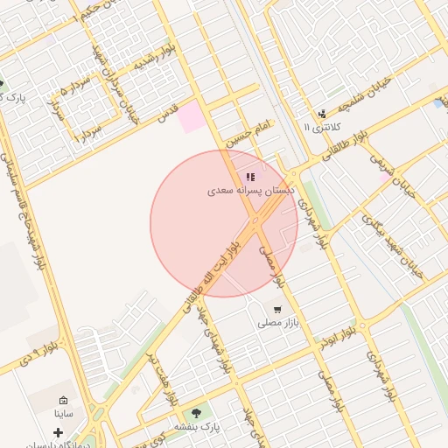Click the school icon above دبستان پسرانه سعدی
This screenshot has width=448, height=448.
point(250,177)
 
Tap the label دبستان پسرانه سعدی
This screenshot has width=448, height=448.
point(251,190)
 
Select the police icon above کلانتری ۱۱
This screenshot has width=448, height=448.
point(322,114)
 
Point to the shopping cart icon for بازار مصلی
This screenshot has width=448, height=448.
point(277,309)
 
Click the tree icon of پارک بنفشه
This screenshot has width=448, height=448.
point(195,412)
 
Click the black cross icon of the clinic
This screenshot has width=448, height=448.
point(59,432)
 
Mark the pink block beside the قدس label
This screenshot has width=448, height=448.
point(193,117)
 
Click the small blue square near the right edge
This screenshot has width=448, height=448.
point(437,103)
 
